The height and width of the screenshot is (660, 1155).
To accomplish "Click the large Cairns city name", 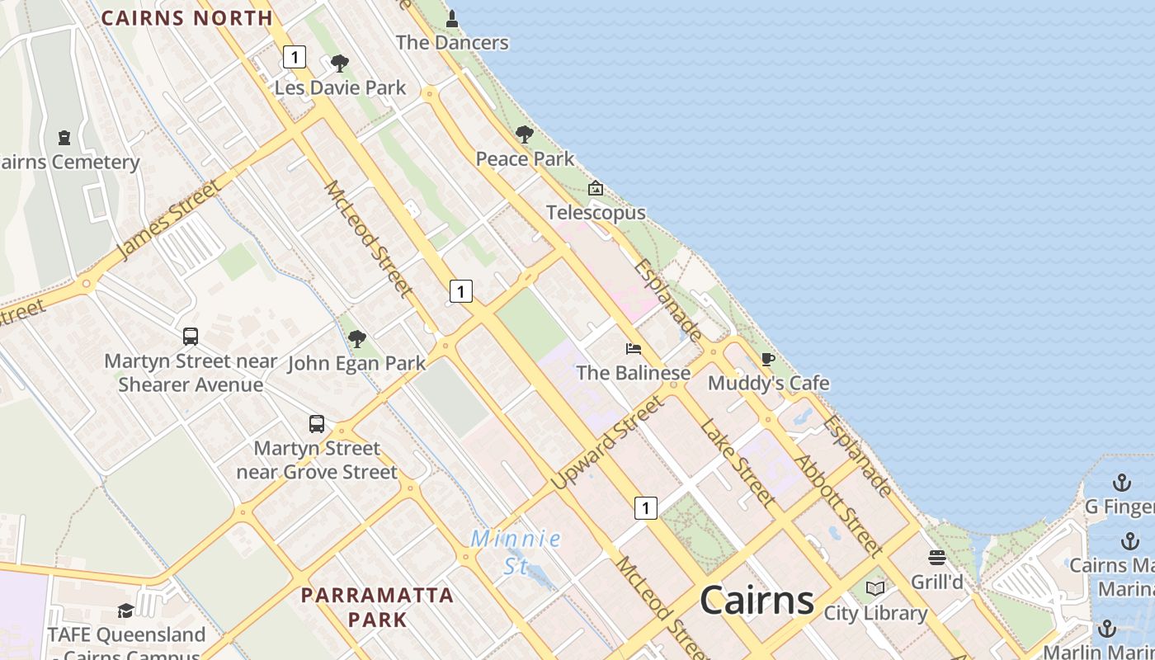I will click(757, 600).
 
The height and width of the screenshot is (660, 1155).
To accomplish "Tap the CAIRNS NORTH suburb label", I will click(186, 17).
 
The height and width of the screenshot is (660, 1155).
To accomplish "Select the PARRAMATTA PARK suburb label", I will click(377, 606).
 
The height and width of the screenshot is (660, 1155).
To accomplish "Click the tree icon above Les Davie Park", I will click(339, 64).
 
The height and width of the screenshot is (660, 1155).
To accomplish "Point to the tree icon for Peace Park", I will click(524, 134).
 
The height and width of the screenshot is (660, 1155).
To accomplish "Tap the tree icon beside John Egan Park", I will click(356, 338).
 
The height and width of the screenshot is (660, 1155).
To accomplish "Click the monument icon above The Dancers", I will click(452, 18).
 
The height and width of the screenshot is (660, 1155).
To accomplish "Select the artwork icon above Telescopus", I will click(596, 189).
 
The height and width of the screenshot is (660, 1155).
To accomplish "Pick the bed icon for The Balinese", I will click(634, 349).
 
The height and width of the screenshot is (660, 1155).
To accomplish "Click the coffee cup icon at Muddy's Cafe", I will click(767, 359).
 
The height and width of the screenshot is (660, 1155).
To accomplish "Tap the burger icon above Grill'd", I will click(936, 558).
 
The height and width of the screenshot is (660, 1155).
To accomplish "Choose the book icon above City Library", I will click(875, 588).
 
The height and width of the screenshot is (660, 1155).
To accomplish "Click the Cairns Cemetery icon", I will click(65, 138).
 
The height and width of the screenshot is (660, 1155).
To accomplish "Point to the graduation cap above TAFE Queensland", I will click(125, 610).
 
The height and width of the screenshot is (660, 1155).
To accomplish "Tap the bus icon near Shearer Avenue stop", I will click(191, 337).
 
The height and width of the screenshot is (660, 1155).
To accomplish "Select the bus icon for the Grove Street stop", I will click(317, 424).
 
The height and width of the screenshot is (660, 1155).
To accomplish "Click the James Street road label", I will click(169, 219).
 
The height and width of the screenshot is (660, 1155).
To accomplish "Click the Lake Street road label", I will click(737, 462).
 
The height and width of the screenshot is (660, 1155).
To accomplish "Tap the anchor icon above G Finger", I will click(1122, 482).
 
